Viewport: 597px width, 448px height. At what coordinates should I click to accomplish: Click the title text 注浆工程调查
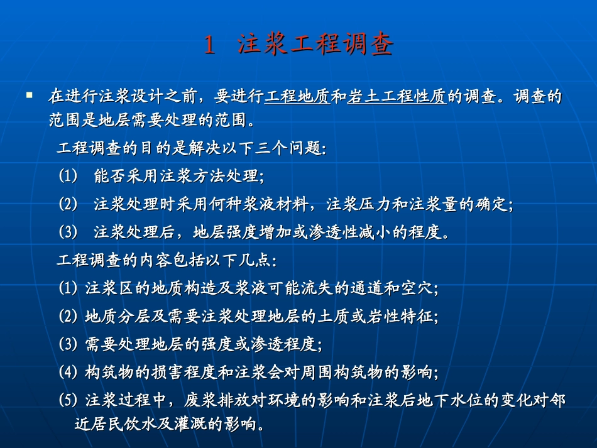click(x=315, y=45)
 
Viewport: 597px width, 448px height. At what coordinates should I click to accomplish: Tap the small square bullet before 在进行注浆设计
click(x=29, y=96)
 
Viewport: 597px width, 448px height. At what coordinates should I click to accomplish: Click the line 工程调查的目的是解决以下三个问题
click(x=191, y=149)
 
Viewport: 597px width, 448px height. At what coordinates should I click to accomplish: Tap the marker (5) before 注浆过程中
click(x=67, y=399)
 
